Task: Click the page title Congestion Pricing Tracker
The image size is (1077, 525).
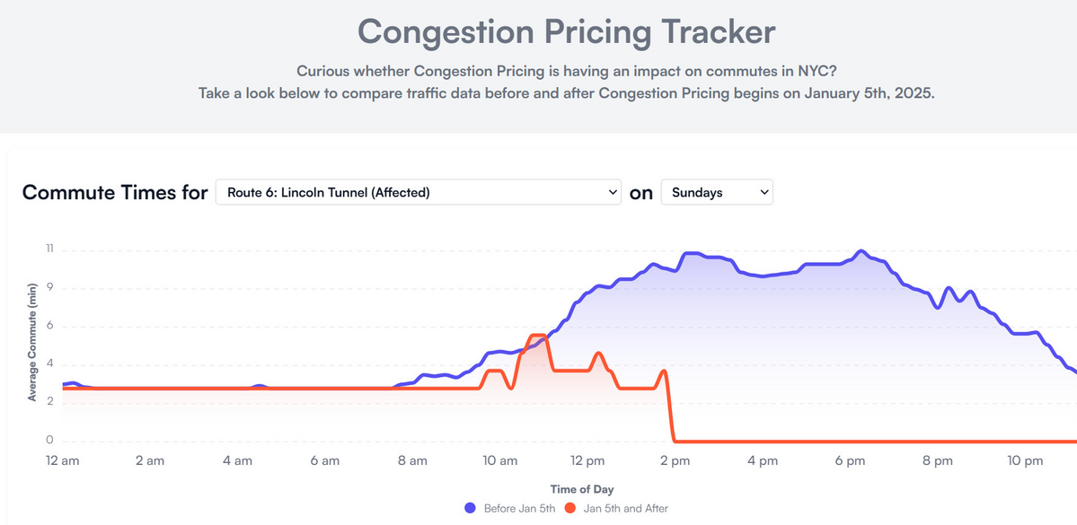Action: (x=566, y=32)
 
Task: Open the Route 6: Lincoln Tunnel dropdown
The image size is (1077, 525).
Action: (x=418, y=192)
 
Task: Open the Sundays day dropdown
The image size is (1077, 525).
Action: (x=716, y=192)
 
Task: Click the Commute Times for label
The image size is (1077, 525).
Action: (x=115, y=192)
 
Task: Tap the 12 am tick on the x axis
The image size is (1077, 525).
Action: (x=63, y=461)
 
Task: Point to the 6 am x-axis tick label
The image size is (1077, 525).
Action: (x=324, y=461)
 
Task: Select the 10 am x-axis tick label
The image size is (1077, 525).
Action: (x=499, y=461)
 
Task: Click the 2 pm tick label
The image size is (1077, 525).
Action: (x=675, y=461)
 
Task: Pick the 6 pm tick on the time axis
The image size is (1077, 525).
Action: (x=850, y=461)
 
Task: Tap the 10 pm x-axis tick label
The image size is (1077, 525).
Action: (x=1025, y=461)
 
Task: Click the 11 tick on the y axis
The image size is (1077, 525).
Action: (x=50, y=250)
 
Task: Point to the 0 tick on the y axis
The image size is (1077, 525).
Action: (x=50, y=441)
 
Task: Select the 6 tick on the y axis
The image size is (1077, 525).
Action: (x=50, y=327)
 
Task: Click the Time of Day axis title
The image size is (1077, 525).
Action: (x=582, y=489)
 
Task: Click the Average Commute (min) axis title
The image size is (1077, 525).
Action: (x=32, y=342)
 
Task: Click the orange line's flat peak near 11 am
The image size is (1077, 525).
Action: (x=537, y=336)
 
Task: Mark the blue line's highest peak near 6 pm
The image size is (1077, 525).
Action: (x=861, y=251)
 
